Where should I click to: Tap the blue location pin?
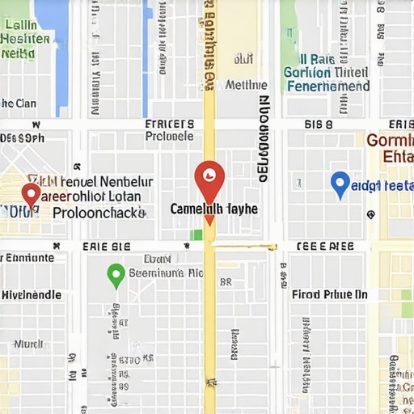click(340, 184)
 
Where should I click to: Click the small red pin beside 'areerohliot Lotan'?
click(31, 195)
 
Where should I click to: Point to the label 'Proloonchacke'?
click(99, 213)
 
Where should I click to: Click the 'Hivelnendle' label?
click(31, 295)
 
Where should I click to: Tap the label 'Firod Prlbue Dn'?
click(329, 295)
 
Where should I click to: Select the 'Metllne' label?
click(247, 84)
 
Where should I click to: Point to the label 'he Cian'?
click(19, 103)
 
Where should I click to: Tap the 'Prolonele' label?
click(169, 137)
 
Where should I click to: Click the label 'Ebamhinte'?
click(27, 258)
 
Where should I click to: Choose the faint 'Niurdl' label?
click(28, 343)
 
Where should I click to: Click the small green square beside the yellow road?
click(196, 235)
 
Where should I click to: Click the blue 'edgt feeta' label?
click(384, 185)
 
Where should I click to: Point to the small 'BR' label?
click(226, 283)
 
